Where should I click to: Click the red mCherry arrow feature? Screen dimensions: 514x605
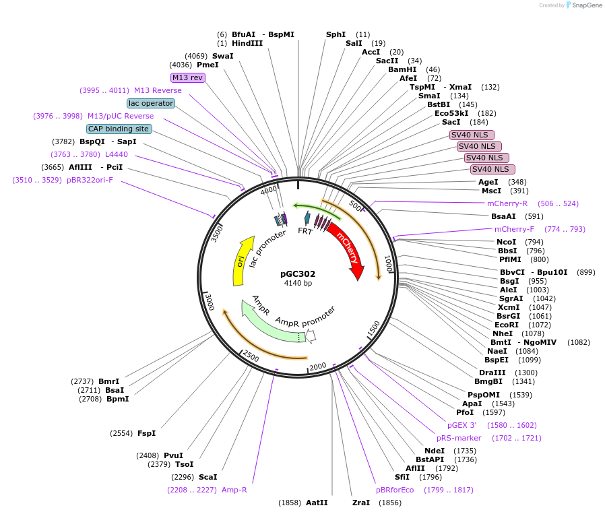pos(348,248)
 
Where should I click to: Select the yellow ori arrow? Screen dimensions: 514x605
pos(241,261)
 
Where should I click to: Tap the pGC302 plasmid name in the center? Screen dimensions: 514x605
pos(298,274)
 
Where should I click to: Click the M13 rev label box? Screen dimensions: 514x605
pos(188,77)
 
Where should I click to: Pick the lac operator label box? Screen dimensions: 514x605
pos(151,103)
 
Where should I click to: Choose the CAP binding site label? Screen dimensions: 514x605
pos(119,129)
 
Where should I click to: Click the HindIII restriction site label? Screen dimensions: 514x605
pos(247,43)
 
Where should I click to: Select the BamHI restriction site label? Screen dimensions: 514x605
pos(402,69)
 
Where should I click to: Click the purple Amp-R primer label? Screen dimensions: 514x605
pos(234,490)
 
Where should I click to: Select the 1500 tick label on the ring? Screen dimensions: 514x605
pos(373,329)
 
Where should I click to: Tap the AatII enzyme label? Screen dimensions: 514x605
pos(317,503)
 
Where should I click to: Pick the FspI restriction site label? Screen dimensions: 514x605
pos(146,433)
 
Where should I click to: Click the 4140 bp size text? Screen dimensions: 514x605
pos(298,283)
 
